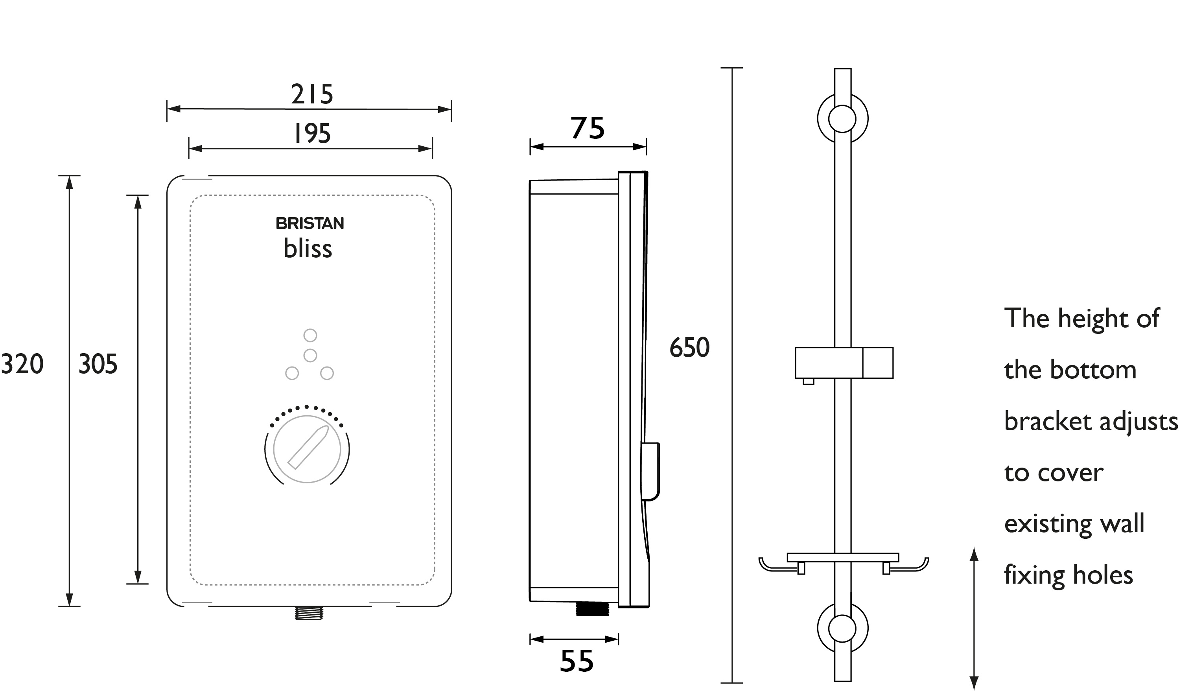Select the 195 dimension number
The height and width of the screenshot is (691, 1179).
pyautogui.click(x=311, y=133)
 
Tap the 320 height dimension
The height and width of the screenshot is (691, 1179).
pyautogui.click(x=22, y=364)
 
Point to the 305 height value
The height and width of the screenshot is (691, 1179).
pyautogui.click(x=98, y=364)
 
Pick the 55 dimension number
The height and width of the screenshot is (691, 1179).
pyautogui.click(x=577, y=661)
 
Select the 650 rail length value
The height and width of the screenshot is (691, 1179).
pyautogui.click(x=689, y=348)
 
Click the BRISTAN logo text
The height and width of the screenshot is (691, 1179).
pyautogui.click(x=310, y=224)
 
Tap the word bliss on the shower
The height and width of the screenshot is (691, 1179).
pyautogui.click(x=308, y=249)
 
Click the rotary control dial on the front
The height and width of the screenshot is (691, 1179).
pyautogui.click(x=307, y=449)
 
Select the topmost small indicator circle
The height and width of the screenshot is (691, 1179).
pyautogui.click(x=310, y=335)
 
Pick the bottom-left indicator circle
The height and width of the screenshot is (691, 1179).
pyautogui.click(x=292, y=373)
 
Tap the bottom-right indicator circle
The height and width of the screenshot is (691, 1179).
pyautogui.click(x=327, y=373)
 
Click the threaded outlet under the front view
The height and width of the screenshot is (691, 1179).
pyautogui.click(x=309, y=613)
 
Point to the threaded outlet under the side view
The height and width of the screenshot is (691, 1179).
pyautogui.click(x=592, y=609)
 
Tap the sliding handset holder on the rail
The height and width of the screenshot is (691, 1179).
pyautogui.click(x=844, y=363)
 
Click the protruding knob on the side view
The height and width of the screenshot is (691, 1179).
pyautogui.click(x=651, y=472)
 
